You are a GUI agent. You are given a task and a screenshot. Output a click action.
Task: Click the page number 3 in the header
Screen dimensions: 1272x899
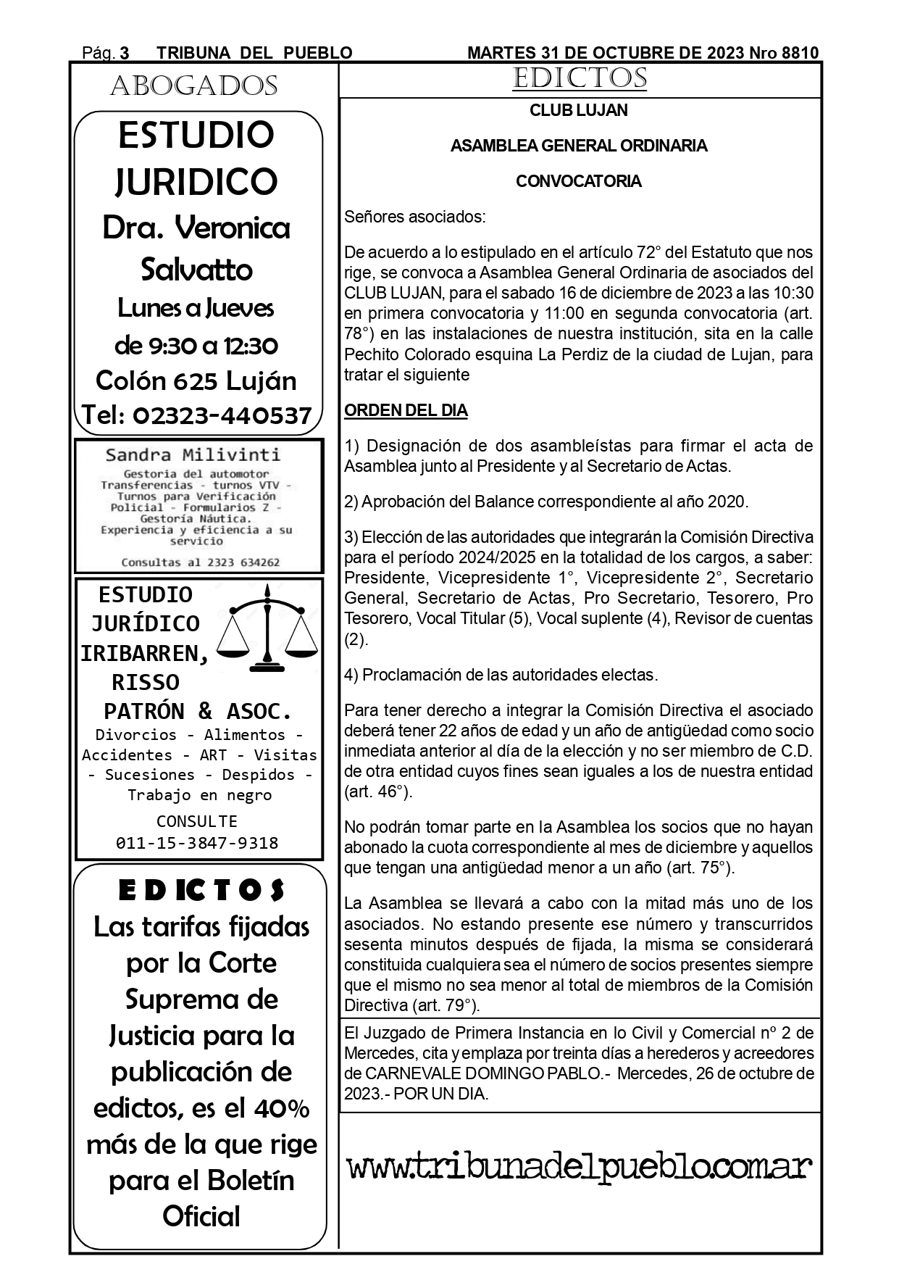124,53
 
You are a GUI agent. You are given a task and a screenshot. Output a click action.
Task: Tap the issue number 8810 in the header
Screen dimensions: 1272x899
800,53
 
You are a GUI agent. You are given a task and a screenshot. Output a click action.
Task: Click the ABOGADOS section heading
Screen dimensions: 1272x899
193,86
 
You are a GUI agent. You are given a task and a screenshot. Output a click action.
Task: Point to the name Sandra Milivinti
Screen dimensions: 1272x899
193,455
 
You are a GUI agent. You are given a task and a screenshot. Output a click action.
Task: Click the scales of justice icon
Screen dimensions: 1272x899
268,628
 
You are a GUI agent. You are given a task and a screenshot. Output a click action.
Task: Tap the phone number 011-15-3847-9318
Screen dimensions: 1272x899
197,843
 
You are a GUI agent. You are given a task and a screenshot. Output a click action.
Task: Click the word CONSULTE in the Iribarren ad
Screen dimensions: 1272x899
197,821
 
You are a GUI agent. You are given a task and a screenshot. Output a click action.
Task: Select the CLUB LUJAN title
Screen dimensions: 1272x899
579,111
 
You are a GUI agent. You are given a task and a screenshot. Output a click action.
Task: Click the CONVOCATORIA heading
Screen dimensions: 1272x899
579,181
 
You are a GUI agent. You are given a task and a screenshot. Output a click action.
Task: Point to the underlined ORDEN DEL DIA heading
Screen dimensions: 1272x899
406,411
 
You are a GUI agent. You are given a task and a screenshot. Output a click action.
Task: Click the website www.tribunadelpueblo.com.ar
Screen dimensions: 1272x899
580,1168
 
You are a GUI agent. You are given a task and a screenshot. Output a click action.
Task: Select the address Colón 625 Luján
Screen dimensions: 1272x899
196,381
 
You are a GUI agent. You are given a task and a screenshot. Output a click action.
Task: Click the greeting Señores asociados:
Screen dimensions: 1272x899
415,217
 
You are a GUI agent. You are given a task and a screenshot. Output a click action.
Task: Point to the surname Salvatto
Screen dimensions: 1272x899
196,270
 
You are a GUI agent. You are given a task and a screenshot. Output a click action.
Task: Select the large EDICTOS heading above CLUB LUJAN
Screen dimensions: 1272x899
580,78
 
